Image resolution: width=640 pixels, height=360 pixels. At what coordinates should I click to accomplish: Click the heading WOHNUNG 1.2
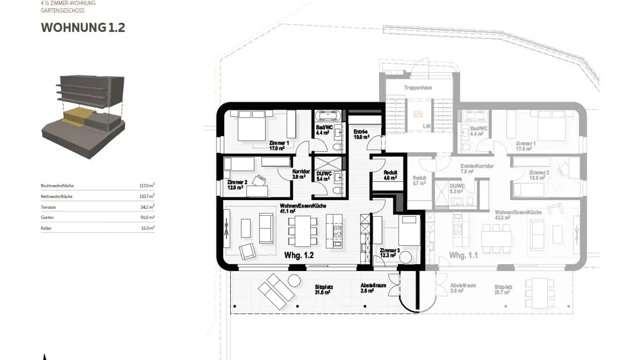coord(83,28)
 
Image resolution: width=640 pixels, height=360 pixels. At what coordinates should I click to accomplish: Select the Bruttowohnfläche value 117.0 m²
coord(147,186)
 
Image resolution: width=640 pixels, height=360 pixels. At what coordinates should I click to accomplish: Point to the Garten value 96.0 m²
coord(147,218)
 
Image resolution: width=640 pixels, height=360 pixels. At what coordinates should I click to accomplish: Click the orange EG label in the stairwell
coord(418,115)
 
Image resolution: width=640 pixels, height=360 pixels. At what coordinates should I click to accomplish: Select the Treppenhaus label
coord(418,88)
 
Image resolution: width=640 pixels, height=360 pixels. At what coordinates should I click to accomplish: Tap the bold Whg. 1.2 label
coord(299,256)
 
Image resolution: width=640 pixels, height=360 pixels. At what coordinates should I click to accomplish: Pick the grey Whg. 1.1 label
coord(463,256)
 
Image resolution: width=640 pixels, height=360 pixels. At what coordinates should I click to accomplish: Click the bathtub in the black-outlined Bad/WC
coord(329,117)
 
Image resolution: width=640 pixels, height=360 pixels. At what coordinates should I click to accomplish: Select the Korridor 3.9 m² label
coord(301,174)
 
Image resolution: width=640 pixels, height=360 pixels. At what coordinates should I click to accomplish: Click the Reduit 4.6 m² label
coord(390,175)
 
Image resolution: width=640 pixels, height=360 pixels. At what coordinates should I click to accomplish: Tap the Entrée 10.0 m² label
coord(361,135)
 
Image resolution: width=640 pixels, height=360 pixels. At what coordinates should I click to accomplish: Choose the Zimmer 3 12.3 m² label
coord(390,253)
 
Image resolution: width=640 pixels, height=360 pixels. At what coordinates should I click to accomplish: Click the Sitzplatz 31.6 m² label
coord(324,290)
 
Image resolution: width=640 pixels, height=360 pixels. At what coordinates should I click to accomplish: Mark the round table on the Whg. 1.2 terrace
coord(294,281)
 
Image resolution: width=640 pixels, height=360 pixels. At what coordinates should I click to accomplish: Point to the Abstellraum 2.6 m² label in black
coord(373,288)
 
